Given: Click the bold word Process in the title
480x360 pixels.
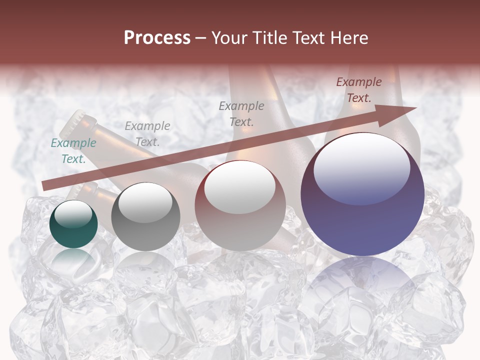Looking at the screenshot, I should [x=157, y=37].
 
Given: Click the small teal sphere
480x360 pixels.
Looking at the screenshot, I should [x=73, y=223].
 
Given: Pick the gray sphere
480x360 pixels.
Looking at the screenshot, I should [x=145, y=217].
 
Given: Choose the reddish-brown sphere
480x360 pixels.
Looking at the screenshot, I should [x=240, y=205].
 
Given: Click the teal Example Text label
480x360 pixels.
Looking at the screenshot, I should [x=73, y=151].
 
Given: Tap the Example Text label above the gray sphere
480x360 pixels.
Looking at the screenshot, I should [x=147, y=133].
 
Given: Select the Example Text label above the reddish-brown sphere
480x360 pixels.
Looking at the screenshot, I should [x=241, y=113].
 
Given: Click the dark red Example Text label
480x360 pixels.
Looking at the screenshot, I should [x=358, y=90].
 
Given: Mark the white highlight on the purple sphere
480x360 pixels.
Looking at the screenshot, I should [x=361, y=168].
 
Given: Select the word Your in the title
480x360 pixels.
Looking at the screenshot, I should [x=229, y=37].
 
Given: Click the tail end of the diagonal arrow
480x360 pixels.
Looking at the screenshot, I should [x=45, y=185].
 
